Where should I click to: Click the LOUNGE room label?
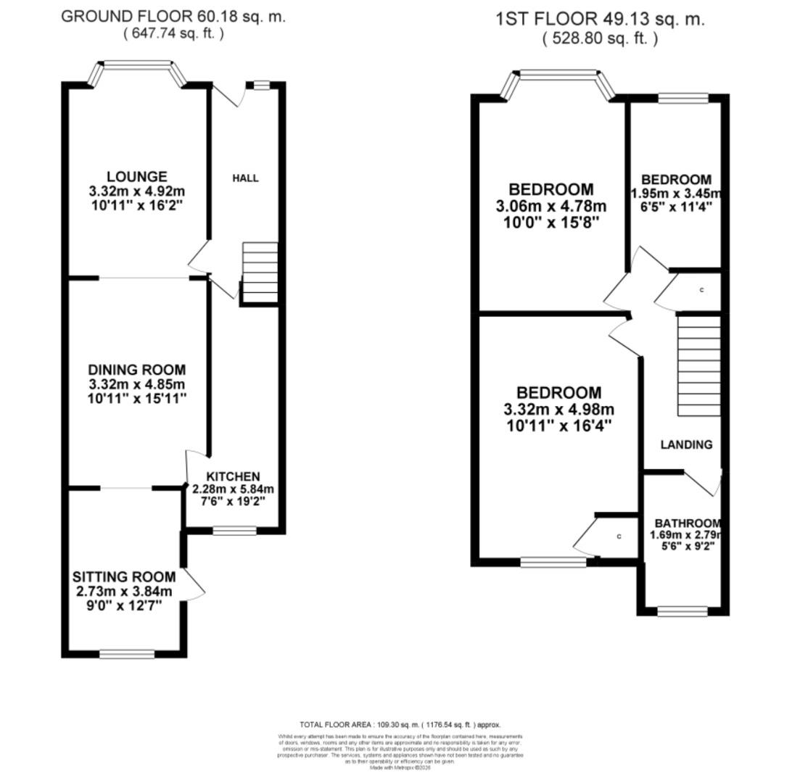pos(136,177)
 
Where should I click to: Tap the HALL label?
pos(245,178)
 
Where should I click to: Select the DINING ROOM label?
pos(136,370)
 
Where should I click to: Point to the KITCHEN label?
pos(233,476)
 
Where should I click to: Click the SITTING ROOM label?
pos(124,577)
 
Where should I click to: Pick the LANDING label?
pos(686,444)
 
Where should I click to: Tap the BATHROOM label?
pos(687,523)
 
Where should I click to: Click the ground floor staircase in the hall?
pos(259,272)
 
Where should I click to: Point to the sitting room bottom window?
pos(127,654)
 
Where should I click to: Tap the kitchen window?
pos(234,531)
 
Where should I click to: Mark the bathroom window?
pos(682,612)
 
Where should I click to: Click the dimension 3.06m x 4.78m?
pos(551,207)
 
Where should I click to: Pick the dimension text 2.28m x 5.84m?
pos(233,489)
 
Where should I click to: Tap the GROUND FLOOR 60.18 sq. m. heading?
pos(173,17)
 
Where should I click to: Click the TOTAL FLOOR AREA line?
pos(400,724)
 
